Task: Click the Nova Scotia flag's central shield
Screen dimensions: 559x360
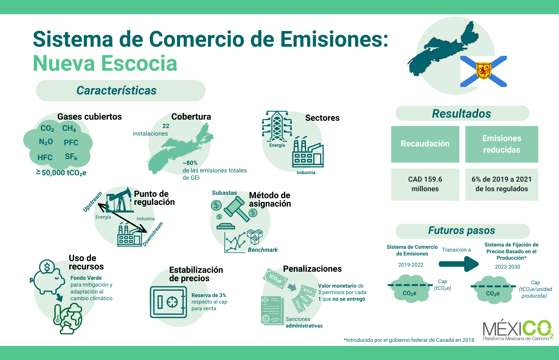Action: [x=484, y=71]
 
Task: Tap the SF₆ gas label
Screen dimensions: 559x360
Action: [x=71, y=157]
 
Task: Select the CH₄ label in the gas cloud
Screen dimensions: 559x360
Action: [x=69, y=128]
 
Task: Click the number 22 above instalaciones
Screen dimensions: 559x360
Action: [x=166, y=126]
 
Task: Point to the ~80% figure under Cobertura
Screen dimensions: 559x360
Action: [x=190, y=163]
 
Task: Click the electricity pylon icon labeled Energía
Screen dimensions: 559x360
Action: [x=277, y=126]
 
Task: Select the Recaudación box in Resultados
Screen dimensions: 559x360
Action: [x=425, y=144]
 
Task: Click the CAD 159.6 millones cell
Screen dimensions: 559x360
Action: [x=425, y=184]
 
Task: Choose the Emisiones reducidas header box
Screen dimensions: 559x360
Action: [x=502, y=144]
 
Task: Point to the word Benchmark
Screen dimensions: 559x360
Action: [x=263, y=250]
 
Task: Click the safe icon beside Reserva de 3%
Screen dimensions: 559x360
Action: [x=168, y=302]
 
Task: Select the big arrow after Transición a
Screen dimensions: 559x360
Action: [x=459, y=264]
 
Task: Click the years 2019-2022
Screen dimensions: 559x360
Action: [x=411, y=265]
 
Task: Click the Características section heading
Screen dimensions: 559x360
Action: [x=116, y=91]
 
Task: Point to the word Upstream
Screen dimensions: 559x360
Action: [x=93, y=202]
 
